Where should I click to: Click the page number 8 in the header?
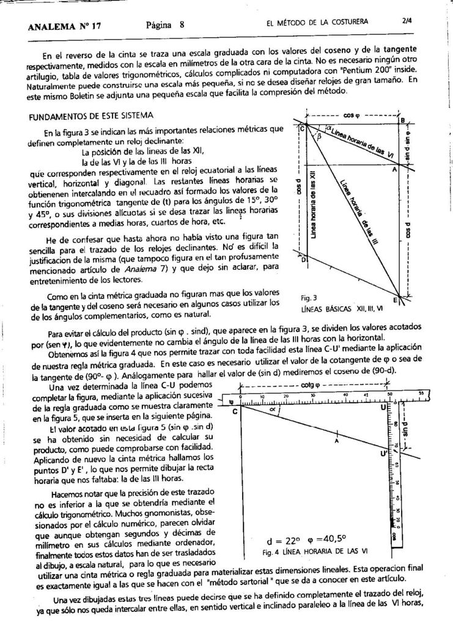coord(182,25)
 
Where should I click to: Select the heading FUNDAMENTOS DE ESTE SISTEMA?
coord(91,116)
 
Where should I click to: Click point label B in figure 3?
coord(402,120)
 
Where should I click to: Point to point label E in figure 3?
coord(395,300)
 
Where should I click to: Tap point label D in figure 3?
coord(304,259)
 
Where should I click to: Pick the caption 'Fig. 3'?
coord(309,298)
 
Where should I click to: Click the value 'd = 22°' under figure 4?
coord(284,540)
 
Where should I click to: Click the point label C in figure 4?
coord(235,411)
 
